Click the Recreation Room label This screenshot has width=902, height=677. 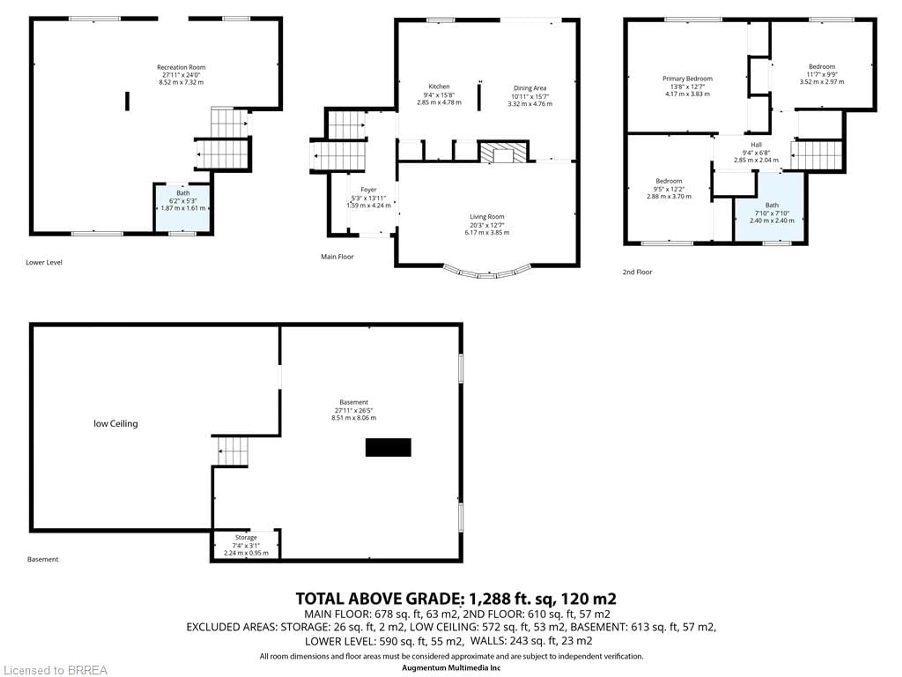click(181, 67)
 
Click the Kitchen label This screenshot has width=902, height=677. click(439, 87)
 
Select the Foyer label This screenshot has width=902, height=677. click(368, 190)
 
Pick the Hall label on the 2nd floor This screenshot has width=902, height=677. click(756, 145)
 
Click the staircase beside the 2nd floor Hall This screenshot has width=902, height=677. click(816, 155)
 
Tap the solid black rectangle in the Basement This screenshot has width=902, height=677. click(388, 447)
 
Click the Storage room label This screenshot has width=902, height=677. click(246, 537)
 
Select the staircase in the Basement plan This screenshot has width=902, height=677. click(233, 451)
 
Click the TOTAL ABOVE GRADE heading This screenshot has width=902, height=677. click(455, 599)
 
